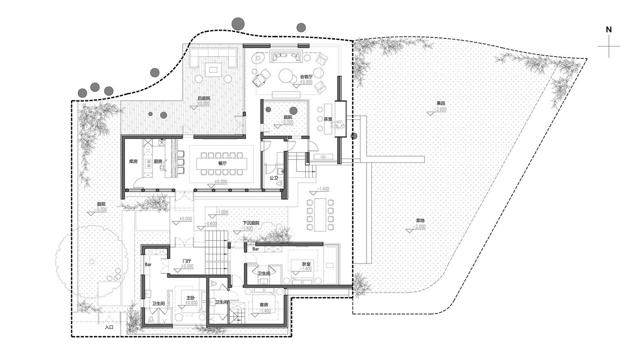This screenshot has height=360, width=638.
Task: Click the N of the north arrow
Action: coord(609,29)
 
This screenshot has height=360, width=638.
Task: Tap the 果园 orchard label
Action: coord(441,103)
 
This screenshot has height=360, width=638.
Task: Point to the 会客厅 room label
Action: coord(306,76)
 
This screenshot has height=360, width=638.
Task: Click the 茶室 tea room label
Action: coord(328,119)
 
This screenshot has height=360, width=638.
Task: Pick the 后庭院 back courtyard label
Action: coord(204,98)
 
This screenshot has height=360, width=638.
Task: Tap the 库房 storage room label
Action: coord(133,161)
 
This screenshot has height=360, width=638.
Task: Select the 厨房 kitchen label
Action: coord(157,161)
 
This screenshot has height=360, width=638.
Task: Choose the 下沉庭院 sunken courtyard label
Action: coord(250,223)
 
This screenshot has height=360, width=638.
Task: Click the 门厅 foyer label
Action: coord(186,261)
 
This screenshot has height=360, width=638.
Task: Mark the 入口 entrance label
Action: coord(109,327)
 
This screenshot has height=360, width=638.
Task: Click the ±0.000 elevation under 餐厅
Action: coord(220,182)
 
